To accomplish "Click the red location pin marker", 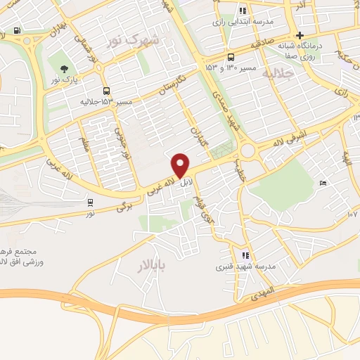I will (x=181, y=165).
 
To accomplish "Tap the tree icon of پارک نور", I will (x=64, y=69).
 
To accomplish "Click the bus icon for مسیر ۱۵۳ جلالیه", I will (x=106, y=91).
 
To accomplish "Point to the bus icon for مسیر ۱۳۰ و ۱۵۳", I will (x=231, y=57).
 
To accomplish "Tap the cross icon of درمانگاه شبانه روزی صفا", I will (x=300, y=35).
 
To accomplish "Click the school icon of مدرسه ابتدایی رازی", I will (x=243, y=11).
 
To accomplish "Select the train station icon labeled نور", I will (x=89, y=202).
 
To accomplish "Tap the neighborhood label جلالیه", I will (x=276, y=73).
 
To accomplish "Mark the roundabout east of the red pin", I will (x=247, y=150).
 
